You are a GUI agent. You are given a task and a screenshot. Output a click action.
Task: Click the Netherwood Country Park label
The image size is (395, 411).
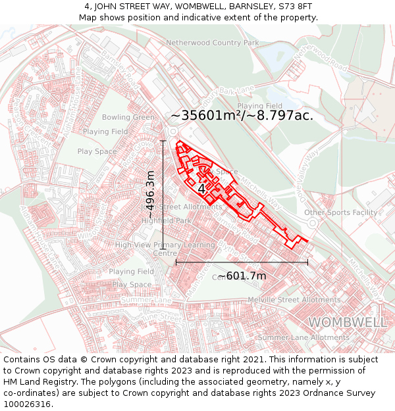pyautogui.click(x=213, y=42)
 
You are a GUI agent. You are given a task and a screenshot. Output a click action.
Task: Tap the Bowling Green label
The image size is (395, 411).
pyautogui.click(x=128, y=117)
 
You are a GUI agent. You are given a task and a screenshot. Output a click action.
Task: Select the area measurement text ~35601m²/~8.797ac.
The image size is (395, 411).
pyautogui.click(x=242, y=115)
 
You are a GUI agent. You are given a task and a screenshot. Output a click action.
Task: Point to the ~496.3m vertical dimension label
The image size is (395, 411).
pyautogui.click(x=151, y=195)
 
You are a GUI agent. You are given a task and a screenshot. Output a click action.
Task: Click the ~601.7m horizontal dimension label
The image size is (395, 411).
pyautogui.click(x=242, y=276)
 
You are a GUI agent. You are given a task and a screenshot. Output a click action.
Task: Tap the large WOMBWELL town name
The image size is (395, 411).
pyautogui.click(x=348, y=322)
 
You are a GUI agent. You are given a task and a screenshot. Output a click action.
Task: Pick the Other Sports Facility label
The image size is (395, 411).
pyautogui.click(x=340, y=212)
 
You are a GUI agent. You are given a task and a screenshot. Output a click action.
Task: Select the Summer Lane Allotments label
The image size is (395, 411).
pyautogui.click(x=303, y=337)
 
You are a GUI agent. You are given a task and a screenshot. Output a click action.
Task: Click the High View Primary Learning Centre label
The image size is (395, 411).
pyautogui.click(x=165, y=249)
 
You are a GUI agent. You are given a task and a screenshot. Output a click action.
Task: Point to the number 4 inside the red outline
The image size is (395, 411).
pyautogui.click(x=201, y=189)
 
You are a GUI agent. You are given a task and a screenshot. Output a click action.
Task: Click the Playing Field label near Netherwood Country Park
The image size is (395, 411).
pyautogui.click(x=259, y=106)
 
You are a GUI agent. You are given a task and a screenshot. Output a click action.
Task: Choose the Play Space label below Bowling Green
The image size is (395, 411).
pyautogui.click(x=97, y=151)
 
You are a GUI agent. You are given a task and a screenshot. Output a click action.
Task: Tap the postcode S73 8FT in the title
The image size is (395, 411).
pyautogui.click(x=296, y=7)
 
